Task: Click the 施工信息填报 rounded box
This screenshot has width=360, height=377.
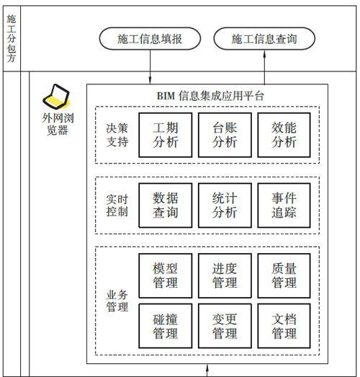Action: click(x=150, y=39)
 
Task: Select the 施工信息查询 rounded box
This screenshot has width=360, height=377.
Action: click(x=264, y=39)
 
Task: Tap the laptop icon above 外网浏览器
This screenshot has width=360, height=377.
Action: click(x=56, y=97)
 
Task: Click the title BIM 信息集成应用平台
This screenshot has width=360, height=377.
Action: click(x=210, y=96)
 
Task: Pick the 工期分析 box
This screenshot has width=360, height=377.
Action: click(x=166, y=135)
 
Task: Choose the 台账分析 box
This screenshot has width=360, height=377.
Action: click(x=225, y=135)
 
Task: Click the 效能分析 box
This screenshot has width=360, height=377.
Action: click(x=284, y=135)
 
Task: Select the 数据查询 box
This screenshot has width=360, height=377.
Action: click(x=166, y=205)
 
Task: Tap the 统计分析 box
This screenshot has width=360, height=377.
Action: click(x=225, y=205)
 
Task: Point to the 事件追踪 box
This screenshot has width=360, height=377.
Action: click(x=284, y=205)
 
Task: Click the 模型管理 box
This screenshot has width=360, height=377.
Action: click(x=166, y=276)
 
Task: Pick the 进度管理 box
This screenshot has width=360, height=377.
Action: click(x=225, y=276)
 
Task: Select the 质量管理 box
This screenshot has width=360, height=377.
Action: click(x=284, y=276)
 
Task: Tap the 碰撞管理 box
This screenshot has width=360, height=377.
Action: click(x=166, y=326)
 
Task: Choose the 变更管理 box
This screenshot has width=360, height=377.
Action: click(x=225, y=326)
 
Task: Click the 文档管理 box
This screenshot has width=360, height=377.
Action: click(x=284, y=326)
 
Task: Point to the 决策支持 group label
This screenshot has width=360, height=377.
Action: click(x=117, y=135)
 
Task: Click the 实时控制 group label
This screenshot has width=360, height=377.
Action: click(x=117, y=205)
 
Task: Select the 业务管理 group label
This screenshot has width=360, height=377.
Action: click(x=117, y=301)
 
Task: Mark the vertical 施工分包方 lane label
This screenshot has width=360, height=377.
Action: click(x=12, y=38)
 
